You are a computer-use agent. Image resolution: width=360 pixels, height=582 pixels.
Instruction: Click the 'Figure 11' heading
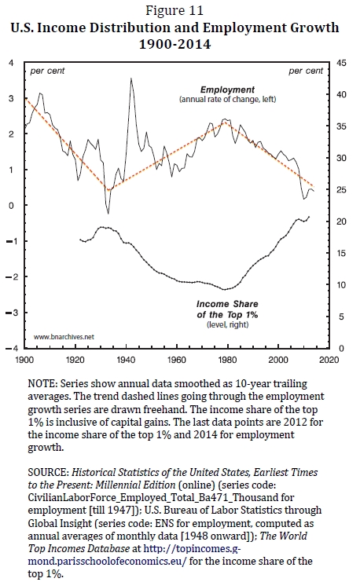pyautogui.click(x=174, y=10)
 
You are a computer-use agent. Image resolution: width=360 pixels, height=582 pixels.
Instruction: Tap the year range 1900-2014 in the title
pyautogui.click(x=174, y=44)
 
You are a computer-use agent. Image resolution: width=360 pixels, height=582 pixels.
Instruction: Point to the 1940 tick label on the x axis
pyautogui.click(x=126, y=360)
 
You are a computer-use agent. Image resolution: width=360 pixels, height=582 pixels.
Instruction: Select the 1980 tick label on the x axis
pyautogui.click(x=227, y=360)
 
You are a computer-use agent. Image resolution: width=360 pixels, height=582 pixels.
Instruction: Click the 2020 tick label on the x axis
pyautogui.click(x=329, y=360)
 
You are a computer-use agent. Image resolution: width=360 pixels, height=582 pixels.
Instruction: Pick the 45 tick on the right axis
pyautogui.click(x=341, y=63)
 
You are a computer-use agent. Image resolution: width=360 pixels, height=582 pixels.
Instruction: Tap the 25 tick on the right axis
pyautogui.click(x=341, y=189)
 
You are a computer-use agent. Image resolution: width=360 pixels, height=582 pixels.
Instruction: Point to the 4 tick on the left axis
pyautogui.click(x=11, y=63)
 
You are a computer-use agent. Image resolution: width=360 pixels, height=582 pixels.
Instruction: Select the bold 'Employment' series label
pyautogui.click(x=227, y=90)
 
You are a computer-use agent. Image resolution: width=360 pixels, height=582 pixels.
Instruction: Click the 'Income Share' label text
pyautogui.click(x=227, y=304)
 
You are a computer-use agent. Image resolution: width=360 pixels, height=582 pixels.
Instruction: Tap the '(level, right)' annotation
pyautogui.click(x=227, y=325)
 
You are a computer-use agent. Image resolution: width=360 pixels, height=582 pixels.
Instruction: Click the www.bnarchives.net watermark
pyautogui.click(x=64, y=337)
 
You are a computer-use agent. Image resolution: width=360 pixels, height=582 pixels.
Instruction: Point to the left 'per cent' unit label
pyautogui.click(x=47, y=71)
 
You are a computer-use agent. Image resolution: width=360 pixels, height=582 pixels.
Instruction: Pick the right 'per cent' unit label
pyautogui.click(x=306, y=71)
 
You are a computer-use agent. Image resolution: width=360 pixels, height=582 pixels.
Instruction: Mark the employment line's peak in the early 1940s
pyautogui.click(x=130, y=78)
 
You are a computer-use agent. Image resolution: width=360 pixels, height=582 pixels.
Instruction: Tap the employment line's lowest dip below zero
pyautogui.click(x=108, y=214)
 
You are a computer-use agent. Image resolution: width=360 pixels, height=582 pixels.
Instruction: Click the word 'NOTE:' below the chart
pyautogui.click(x=42, y=384)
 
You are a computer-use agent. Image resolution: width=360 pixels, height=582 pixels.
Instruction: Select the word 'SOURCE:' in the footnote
pyautogui.click(x=48, y=473)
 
